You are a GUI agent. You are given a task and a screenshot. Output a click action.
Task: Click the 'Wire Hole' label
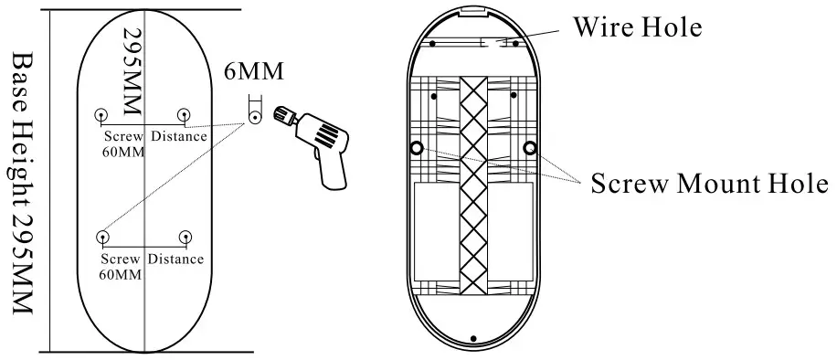636,26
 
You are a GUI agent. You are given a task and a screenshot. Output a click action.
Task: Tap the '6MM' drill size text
252,72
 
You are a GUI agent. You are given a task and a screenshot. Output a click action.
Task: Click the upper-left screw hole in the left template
101,115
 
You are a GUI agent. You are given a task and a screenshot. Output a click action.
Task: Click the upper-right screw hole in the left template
184,115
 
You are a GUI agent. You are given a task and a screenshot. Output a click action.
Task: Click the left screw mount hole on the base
416,147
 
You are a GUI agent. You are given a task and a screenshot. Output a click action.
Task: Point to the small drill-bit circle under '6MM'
254,115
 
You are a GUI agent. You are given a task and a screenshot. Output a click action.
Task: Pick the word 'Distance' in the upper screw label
178,137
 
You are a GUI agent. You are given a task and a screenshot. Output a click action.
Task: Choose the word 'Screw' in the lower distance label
121,259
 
